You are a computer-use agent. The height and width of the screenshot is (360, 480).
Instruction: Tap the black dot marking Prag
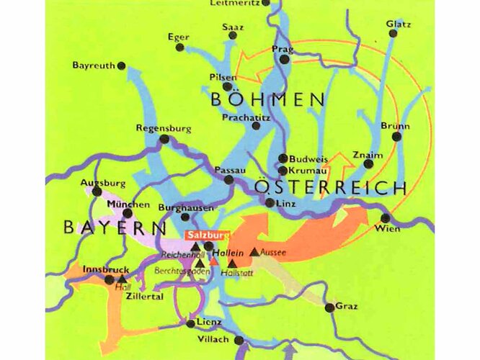pyautogui.click(x=285, y=59)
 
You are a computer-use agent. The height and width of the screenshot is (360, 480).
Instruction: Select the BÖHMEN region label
pyautogui.click(x=266, y=100)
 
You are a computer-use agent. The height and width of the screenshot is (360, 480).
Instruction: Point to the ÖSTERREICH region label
pyautogui.click(x=331, y=189)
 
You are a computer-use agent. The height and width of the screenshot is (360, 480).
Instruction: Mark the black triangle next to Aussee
pyautogui.click(x=254, y=252)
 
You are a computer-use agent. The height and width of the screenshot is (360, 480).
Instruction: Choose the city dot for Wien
pyautogui.click(x=386, y=217)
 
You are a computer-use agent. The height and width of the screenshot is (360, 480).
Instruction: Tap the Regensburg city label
pyautogui.click(x=164, y=128)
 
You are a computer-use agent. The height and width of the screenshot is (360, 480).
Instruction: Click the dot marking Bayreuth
pyautogui.click(x=121, y=66)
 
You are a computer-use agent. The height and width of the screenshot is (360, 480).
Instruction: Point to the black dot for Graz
pyautogui.click(x=329, y=308)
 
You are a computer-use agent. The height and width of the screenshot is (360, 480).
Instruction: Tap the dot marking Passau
pyautogui.click(x=228, y=179)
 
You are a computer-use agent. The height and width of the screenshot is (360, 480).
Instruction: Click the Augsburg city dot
pyautogui.click(x=97, y=192)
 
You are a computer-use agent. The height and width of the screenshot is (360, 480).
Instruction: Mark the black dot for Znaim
pyautogui.click(x=368, y=164)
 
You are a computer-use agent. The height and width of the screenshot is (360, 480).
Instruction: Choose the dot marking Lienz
pyautogui.click(x=190, y=324)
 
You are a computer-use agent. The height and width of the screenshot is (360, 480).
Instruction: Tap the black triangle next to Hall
pyautogui.click(x=122, y=279)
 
